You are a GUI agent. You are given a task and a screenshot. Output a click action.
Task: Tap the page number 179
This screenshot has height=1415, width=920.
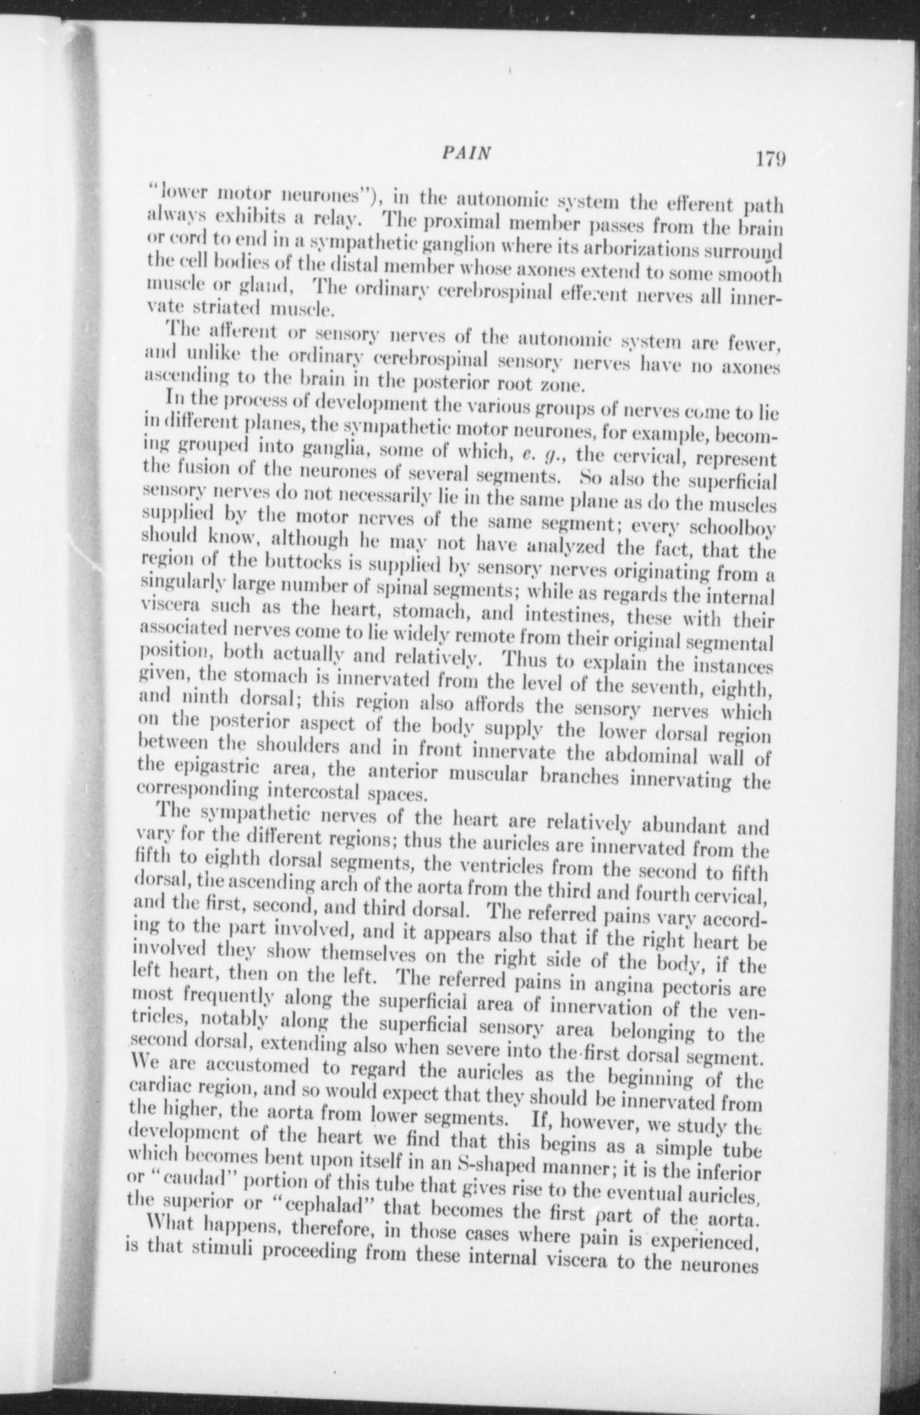770,160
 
